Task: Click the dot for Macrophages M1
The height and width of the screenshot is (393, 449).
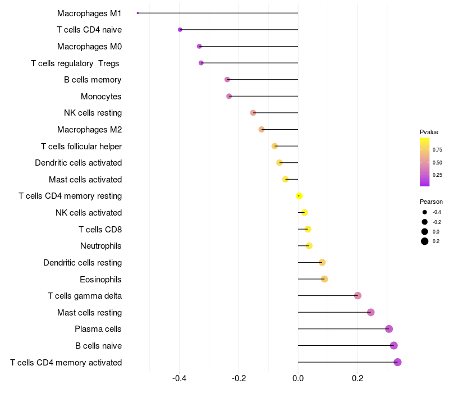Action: tap(138, 13)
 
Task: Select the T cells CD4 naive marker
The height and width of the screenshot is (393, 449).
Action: tap(180, 30)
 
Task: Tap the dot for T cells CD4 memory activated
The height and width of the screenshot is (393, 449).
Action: tap(397, 362)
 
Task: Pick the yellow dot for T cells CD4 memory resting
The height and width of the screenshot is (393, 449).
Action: tap(299, 196)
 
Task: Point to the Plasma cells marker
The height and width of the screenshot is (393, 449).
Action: tap(389, 329)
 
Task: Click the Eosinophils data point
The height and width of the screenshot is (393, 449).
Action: tap(324, 279)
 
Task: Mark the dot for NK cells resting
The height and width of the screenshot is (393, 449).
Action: tap(253, 113)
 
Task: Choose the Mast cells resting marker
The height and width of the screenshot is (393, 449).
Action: tap(370, 312)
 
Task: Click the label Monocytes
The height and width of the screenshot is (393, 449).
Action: tap(101, 97)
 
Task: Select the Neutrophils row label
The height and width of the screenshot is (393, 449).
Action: tap(101, 246)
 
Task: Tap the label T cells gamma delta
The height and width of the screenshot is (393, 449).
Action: tap(85, 296)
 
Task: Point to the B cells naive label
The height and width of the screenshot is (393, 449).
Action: tap(98, 346)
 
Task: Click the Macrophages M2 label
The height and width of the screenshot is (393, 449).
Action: tap(89, 130)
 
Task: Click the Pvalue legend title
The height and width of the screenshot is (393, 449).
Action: tap(429, 132)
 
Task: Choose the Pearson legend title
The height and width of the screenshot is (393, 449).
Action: tap(431, 202)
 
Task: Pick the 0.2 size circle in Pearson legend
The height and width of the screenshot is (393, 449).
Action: tap(425, 241)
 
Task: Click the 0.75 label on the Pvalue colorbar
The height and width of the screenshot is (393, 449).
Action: tap(437, 150)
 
